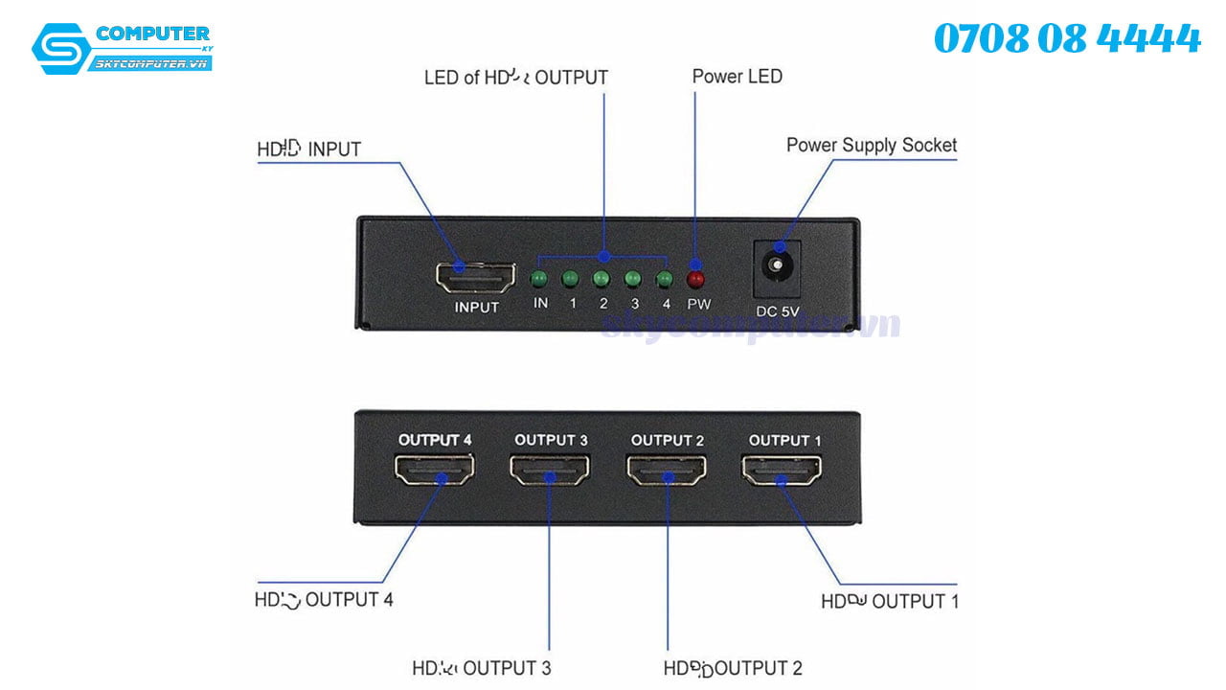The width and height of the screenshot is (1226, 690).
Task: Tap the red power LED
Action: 696,279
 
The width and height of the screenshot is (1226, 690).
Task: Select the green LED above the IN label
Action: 539,279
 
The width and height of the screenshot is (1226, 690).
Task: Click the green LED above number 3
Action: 633,279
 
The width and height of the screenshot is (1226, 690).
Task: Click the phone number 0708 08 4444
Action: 1066,39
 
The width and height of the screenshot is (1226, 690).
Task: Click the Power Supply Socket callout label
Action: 871,146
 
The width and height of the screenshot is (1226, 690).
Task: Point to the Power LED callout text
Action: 737,77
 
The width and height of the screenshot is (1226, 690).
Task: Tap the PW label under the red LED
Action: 698,304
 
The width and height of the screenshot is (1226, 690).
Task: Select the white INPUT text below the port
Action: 476,308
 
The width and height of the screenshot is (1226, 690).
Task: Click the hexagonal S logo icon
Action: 60,49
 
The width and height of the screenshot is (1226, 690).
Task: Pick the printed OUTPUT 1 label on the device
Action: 784,440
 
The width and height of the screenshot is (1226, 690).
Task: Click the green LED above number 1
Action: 571,279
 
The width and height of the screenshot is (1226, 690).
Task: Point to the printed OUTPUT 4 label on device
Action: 435,440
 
